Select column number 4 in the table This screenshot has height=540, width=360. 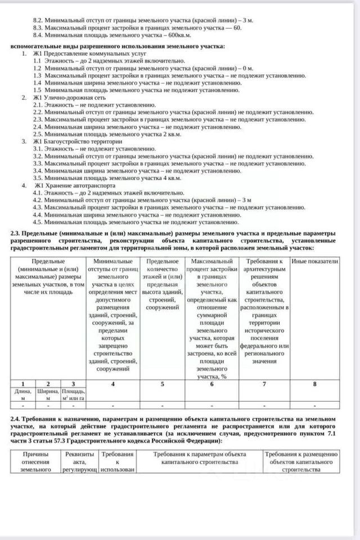click(112, 384)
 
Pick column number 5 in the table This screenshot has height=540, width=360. click(163, 384)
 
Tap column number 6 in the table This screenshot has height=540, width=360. click(211, 384)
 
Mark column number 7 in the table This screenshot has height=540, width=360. click(264, 384)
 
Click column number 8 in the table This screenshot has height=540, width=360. click(314, 384)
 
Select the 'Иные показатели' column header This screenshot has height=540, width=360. click(314, 262)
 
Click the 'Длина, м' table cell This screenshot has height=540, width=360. click(23, 394)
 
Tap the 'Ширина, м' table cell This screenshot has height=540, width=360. click(48, 394)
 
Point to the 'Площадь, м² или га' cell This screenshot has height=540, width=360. click(73, 394)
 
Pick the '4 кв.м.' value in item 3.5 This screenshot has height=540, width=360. click(172, 178)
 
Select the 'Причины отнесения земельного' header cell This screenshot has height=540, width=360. click(35, 461)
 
